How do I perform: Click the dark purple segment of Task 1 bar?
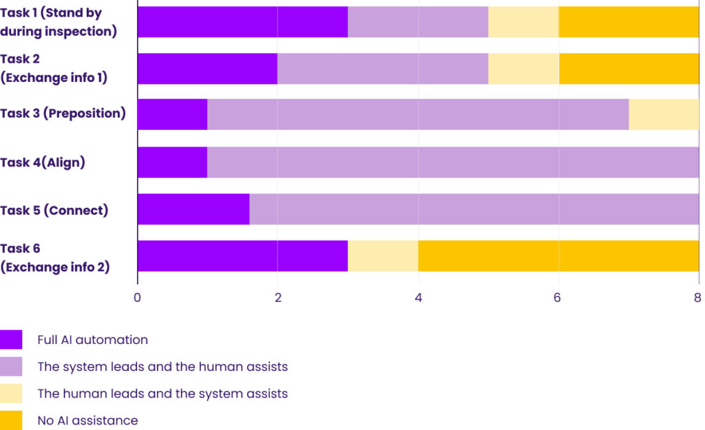click(x=242, y=22)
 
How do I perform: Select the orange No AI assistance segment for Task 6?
click(x=558, y=257)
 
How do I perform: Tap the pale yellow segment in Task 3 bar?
click(x=663, y=114)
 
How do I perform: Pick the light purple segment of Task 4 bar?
click(x=453, y=162)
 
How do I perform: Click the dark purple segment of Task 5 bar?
click(x=193, y=209)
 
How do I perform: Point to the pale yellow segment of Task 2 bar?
click(x=523, y=68)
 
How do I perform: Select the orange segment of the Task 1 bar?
click(x=629, y=22)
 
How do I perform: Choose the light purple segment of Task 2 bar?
click(x=383, y=68)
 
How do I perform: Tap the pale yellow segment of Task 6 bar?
click(x=383, y=257)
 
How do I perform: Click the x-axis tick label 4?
click(x=418, y=298)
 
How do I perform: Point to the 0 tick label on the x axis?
click(x=138, y=298)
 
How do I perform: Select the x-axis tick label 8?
click(x=697, y=298)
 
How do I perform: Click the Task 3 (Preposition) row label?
click(x=63, y=114)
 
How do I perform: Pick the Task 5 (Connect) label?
click(x=54, y=211)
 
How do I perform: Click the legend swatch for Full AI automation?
click(x=11, y=340)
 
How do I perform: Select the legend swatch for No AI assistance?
click(x=11, y=420)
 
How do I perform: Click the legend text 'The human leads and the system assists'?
click(x=162, y=394)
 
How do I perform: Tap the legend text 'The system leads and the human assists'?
click(x=162, y=367)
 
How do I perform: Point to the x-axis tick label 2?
click(x=277, y=298)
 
